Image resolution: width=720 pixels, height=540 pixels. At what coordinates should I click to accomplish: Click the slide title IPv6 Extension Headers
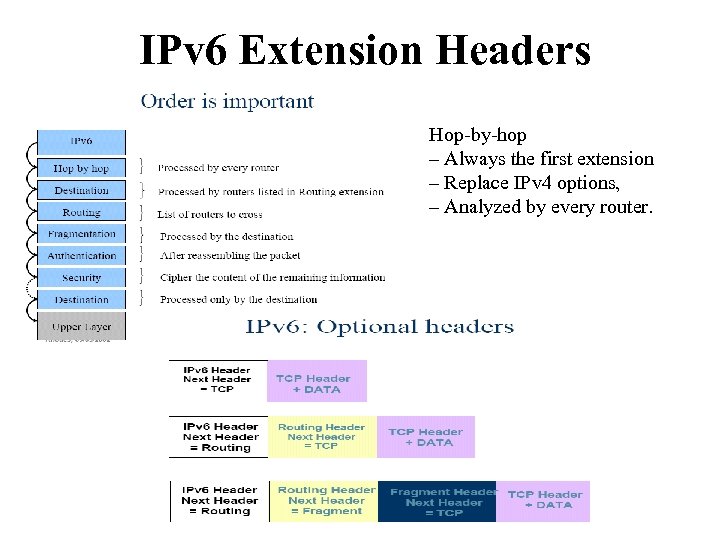365,50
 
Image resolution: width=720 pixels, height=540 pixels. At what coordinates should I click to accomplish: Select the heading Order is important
227,101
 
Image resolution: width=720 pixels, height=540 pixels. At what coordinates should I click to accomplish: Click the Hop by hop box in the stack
81,168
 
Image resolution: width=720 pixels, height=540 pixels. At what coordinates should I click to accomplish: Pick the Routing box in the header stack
81,212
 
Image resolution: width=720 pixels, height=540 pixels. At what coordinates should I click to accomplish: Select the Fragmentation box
81,234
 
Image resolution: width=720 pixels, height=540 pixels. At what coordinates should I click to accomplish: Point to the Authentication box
81,256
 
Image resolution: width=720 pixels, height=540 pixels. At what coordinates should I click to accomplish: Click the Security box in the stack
81,278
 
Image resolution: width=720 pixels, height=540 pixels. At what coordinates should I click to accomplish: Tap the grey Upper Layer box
81,326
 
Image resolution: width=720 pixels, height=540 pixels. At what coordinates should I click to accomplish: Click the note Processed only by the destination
238,299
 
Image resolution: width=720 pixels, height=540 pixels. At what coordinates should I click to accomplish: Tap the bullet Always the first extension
541,159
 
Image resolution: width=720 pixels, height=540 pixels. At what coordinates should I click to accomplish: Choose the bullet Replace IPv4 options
524,183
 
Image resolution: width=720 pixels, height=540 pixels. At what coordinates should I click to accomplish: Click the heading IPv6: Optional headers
380,327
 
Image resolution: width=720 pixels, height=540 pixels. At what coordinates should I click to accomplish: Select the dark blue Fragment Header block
437,501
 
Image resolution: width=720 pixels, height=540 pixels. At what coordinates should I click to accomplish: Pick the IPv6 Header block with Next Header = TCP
217,380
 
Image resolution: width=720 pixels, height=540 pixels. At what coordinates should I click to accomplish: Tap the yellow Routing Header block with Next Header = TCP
322,437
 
